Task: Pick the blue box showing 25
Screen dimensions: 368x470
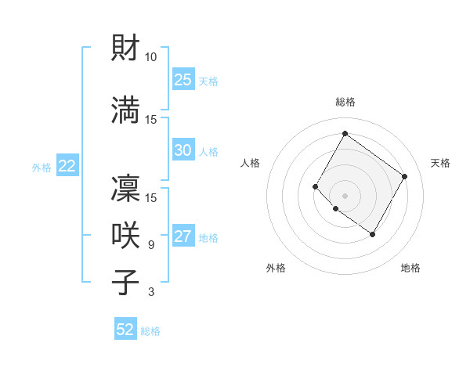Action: pyautogui.click(x=183, y=80)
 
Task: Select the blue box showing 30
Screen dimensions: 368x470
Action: pyautogui.click(x=183, y=150)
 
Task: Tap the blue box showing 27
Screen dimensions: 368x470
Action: pyautogui.click(x=183, y=237)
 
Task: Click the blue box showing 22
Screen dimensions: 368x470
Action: pyautogui.click(x=67, y=166)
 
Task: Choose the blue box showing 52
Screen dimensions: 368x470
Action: pyautogui.click(x=125, y=330)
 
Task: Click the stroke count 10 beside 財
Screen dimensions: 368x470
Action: pyautogui.click(x=150, y=57)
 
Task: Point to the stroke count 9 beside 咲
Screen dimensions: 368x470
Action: pyautogui.click(x=150, y=245)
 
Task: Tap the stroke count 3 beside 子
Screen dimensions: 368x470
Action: pyautogui.click(x=150, y=292)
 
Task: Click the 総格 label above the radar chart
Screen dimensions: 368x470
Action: pyautogui.click(x=345, y=102)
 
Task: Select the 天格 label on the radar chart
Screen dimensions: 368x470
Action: pyautogui.click(x=440, y=163)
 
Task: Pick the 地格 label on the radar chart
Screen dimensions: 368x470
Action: pyautogui.click(x=410, y=268)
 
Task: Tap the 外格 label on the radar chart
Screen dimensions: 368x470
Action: pyautogui.click(x=276, y=268)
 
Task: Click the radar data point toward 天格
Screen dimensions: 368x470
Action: pyautogui.click(x=404, y=177)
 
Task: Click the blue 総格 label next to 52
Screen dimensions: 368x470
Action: pyautogui.click(x=150, y=331)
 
